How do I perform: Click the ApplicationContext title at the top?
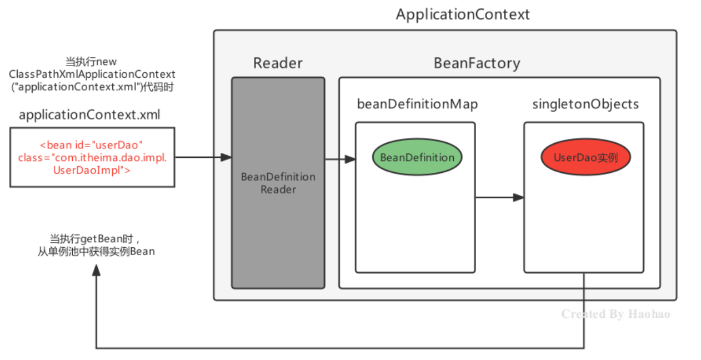pos(463,14)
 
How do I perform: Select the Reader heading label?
pos(277,63)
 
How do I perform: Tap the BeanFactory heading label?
pos(477,63)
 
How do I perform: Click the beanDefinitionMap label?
pos(417,104)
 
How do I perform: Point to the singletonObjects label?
pos(585,104)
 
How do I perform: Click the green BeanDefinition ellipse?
pos(417,157)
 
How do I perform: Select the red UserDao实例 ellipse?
pos(585,157)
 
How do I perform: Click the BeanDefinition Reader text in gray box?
pos(278,183)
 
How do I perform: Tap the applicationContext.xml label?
pos(89,116)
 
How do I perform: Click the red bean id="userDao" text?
pos(92,146)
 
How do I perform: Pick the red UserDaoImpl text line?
pos(92,171)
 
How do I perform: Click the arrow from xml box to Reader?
pos(203,157)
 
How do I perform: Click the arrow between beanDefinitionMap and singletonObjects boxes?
pos(499,197)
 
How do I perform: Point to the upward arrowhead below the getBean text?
pos(97,270)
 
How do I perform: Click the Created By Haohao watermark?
pos(615,314)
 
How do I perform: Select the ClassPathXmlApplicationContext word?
pos(92,74)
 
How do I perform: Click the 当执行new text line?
pos(92,62)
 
